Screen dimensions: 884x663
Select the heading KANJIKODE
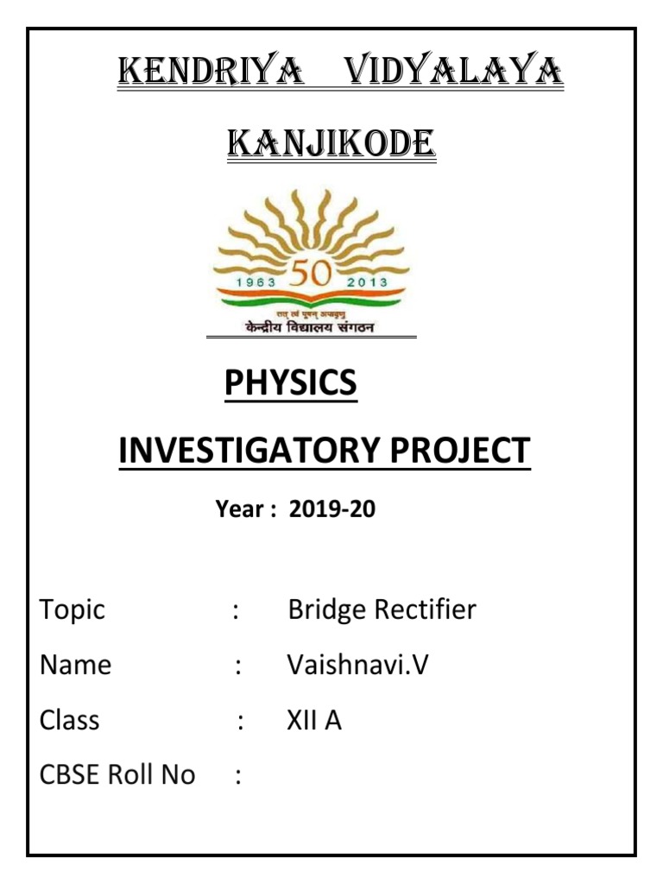[x=331, y=145]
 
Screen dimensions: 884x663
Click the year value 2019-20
[x=332, y=510]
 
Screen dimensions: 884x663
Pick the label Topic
[x=73, y=610]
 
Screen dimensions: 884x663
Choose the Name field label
[x=75, y=666]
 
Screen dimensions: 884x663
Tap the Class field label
[x=69, y=720]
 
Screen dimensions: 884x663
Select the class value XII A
[x=314, y=720]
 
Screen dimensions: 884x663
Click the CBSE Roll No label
[x=117, y=775]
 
